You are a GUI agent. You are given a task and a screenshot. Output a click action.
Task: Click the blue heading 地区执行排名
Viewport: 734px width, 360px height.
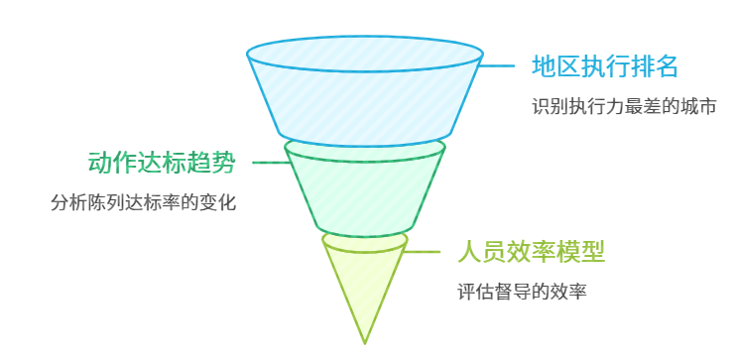(x=604, y=66)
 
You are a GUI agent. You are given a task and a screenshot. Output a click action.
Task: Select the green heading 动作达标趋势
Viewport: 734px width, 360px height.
(x=162, y=162)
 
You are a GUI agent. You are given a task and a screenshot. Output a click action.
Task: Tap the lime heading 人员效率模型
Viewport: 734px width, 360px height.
(x=531, y=252)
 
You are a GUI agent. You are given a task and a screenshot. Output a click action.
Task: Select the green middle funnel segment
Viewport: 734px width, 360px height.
(x=365, y=188)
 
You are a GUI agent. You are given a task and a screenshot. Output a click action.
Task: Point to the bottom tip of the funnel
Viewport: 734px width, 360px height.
(x=365, y=341)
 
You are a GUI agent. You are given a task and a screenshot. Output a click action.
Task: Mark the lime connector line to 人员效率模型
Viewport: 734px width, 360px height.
(x=423, y=252)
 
